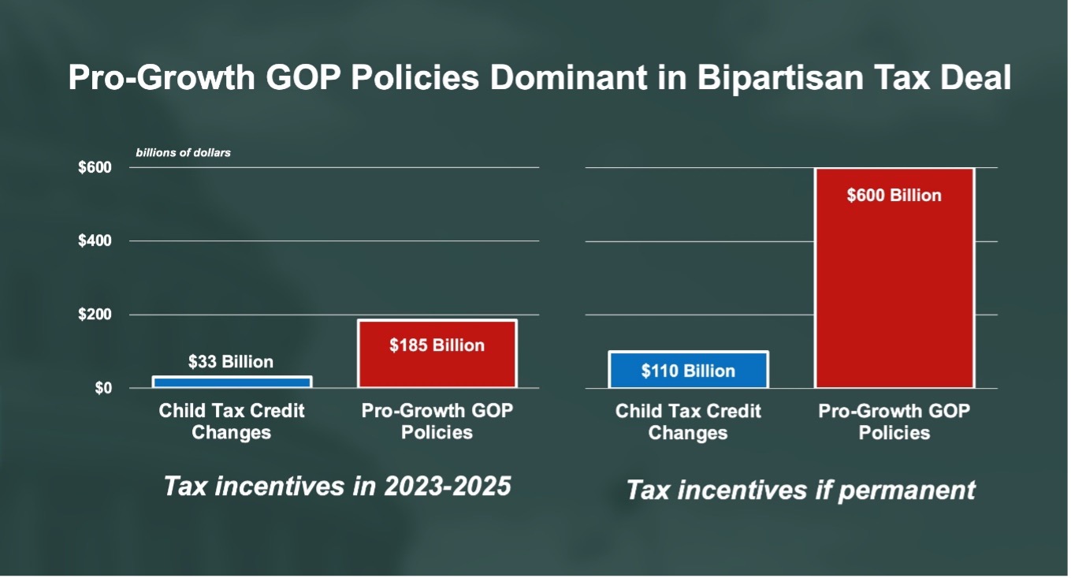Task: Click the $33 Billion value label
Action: tap(231, 362)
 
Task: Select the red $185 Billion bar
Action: tap(437, 354)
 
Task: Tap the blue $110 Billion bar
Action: tap(688, 370)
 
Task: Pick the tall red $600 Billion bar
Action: tap(894, 278)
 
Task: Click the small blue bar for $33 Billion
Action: tap(232, 382)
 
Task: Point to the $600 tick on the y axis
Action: tap(95, 168)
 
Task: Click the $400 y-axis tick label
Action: tap(95, 241)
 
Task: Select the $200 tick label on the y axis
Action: tap(95, 315)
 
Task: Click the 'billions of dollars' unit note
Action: tap(183, 152)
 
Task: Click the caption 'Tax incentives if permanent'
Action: tap(801, 490)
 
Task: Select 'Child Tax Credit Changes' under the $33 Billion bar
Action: tap(232, 422)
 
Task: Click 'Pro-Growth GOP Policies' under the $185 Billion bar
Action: tap(437, 422)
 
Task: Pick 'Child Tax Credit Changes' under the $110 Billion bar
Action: tap(688, 422)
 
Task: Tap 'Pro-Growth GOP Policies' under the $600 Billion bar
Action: tap(894, 422)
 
